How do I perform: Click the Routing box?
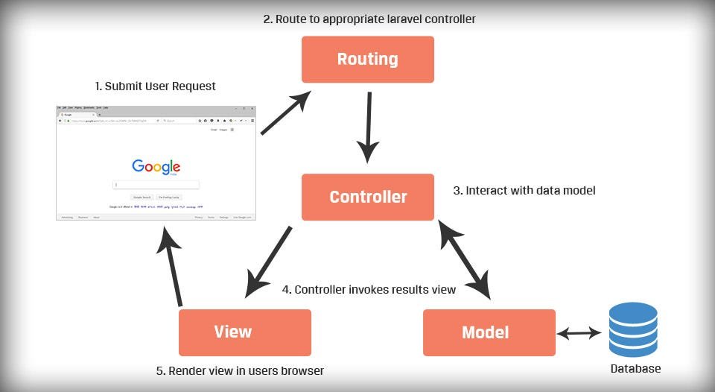tap(367, 59)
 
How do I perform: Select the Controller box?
tap(367, 197)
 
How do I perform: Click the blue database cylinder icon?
tap(632, 329)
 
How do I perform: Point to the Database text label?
tap(635, 369)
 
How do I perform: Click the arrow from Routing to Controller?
tap(367, 127)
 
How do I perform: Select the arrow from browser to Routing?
tap(285, 113)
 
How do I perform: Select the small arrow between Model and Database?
tap(579, 333)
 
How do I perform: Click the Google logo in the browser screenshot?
tap(156, 167)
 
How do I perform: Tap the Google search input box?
tap(156, 185)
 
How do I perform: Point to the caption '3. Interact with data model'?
tap(524, 191)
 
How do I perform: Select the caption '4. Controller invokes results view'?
tap(369, 289)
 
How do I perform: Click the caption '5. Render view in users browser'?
tap(239, 370)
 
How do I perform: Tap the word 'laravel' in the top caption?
tap(398, 19)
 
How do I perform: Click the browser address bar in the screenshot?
tap(112, 120)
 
